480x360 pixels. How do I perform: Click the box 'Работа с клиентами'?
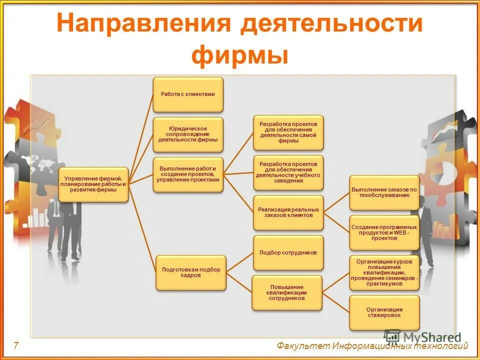[188, 94]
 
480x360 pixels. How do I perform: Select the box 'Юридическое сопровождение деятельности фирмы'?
[188, 134]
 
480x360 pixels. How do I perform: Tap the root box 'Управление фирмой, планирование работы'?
[93, 184]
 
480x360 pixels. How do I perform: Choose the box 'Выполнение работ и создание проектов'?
[188, 174]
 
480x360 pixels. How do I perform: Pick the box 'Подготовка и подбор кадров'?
[191, 272]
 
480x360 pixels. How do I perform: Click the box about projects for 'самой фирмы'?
[288, 132]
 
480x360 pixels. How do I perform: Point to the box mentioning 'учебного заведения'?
[288, 172]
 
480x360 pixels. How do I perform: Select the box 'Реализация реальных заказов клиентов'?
[288, 212]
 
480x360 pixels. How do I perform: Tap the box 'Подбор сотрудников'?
[288, 252]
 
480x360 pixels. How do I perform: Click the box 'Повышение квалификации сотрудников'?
[287, 292]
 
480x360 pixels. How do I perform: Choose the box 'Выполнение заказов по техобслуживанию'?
[384, 192]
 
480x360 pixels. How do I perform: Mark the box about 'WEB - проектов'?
[384, 232]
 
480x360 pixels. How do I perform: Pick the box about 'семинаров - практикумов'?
[384, 272]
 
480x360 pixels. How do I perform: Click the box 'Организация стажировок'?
[384, 312]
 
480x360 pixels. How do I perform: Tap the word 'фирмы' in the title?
[239, 55]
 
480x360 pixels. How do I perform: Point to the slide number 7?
[16, 345]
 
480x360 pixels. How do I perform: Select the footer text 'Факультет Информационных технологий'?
[372, 346]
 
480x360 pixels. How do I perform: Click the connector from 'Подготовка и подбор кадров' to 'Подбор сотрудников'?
[239, 262]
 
